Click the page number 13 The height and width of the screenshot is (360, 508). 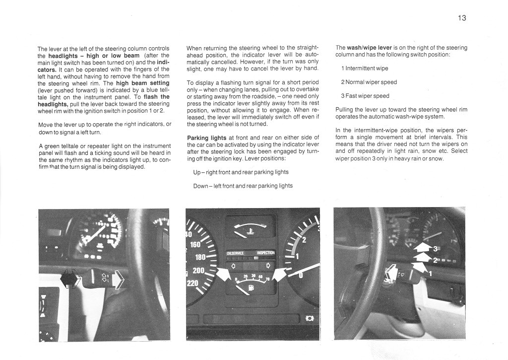tap(462, 18)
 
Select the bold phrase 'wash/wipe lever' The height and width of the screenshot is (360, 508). tap(371, 48)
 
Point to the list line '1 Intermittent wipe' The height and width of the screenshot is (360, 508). tap(365, 68)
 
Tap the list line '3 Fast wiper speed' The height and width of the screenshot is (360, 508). tap(365, 96)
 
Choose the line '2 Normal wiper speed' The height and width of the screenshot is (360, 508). tap(369, 82)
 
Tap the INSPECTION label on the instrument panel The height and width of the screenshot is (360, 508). tap(265, 253)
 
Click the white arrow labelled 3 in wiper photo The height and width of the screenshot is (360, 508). tap(422, 246)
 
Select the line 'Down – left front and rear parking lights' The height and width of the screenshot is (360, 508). tap(243, 186)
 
